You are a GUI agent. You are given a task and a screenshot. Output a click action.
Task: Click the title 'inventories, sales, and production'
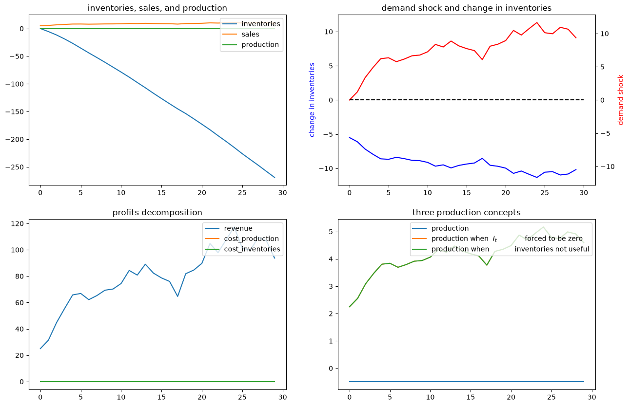point(157,8)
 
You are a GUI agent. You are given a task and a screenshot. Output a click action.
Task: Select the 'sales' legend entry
point(250,34)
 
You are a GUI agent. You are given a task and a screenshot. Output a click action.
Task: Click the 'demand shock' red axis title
point(620,100)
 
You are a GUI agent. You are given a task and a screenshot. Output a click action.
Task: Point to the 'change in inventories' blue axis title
point(312,100)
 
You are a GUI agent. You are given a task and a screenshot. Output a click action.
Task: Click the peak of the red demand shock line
point(537,22)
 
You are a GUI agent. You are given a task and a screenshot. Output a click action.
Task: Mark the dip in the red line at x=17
point(482,59)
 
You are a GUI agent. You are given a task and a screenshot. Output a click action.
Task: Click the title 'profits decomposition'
point(157,213)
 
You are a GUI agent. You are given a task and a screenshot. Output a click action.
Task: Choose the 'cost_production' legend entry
point(251,239)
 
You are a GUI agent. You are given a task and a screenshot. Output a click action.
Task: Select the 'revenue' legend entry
point(238,228)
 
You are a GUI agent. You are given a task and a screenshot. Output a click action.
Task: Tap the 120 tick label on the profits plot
point(17,224)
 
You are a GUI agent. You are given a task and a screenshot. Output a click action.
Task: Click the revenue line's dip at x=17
point(177,296)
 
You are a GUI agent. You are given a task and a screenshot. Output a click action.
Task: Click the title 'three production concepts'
point(467,213)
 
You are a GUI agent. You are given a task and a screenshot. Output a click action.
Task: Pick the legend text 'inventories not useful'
point(552,249)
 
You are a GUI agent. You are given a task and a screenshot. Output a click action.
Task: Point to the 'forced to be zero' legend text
point(553,239)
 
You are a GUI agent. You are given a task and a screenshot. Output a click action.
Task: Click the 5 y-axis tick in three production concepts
point(331,232)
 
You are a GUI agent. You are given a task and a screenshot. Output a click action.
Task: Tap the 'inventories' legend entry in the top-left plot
point(261,24)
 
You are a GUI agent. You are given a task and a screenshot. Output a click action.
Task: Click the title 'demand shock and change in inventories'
point(467,8)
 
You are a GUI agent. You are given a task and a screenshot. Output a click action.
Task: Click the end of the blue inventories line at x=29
point(275,178)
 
